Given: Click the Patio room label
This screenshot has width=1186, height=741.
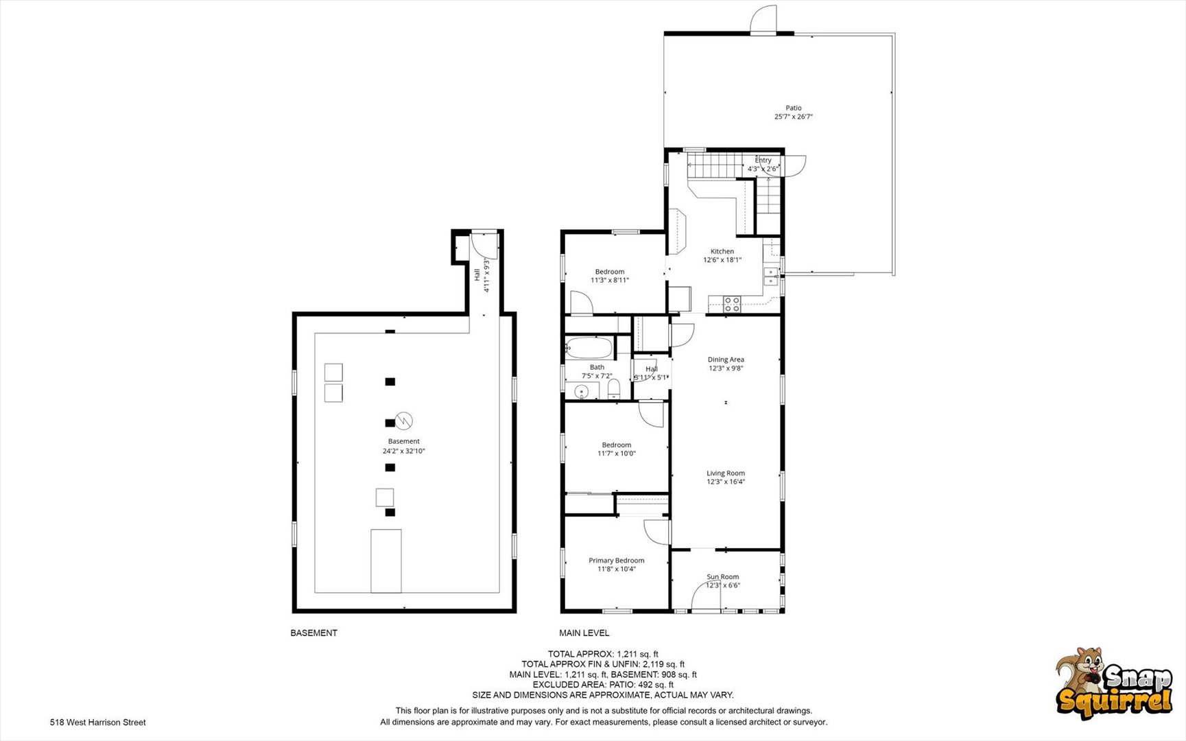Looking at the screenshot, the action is pyautogui.click(x=794, y=108).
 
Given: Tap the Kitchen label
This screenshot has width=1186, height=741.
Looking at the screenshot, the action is pyautogui.click(x=722, y=251).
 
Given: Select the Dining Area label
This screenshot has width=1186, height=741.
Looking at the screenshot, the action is pyautogui.click(x=726, y=360).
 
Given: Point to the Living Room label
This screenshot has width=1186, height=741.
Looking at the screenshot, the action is pyautogui.click(x=726, y=473).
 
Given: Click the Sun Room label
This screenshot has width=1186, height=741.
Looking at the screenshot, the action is pyautogui.click(x=723, y=577).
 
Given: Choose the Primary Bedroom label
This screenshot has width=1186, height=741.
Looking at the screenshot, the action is pyautogui.click(x=617, y=561).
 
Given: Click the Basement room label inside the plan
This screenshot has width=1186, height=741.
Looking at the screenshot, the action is pyautogui.click(x=404, y=442).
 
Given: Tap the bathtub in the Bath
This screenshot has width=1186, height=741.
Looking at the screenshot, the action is pyautogui.click(x=589, y=348).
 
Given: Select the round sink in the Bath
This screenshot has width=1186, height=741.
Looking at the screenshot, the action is pyautogui.click(x=582, y=392).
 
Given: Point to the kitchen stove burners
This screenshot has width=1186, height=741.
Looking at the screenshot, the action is pyautogui.click(x=732, y=304).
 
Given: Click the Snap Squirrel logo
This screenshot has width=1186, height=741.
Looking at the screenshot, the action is pyautogui.click(x=1114, y=683).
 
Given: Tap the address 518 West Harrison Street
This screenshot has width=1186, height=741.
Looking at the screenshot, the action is pyautogui.click(x=98, y=722).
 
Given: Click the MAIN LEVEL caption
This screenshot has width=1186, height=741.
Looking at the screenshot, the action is pyautogui.click(x=584, y=633).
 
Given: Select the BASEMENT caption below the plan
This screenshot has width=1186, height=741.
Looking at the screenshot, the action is pyautogui.click(x=314, y=633).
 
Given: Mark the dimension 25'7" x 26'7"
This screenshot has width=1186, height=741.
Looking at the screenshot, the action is pyautogui.click(x=794, y=117).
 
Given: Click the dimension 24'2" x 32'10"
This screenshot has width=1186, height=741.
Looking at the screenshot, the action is pyautogui.click(x=404, y=451).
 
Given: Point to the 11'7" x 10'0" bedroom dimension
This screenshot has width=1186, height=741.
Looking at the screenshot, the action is pyautogui.click(x=617, y=454).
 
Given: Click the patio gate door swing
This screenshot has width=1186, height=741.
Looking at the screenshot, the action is pyautogui.click(x=763, y=19).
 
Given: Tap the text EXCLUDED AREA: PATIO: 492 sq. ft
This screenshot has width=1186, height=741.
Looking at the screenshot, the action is pyautogui.click(x=603, y=685).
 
